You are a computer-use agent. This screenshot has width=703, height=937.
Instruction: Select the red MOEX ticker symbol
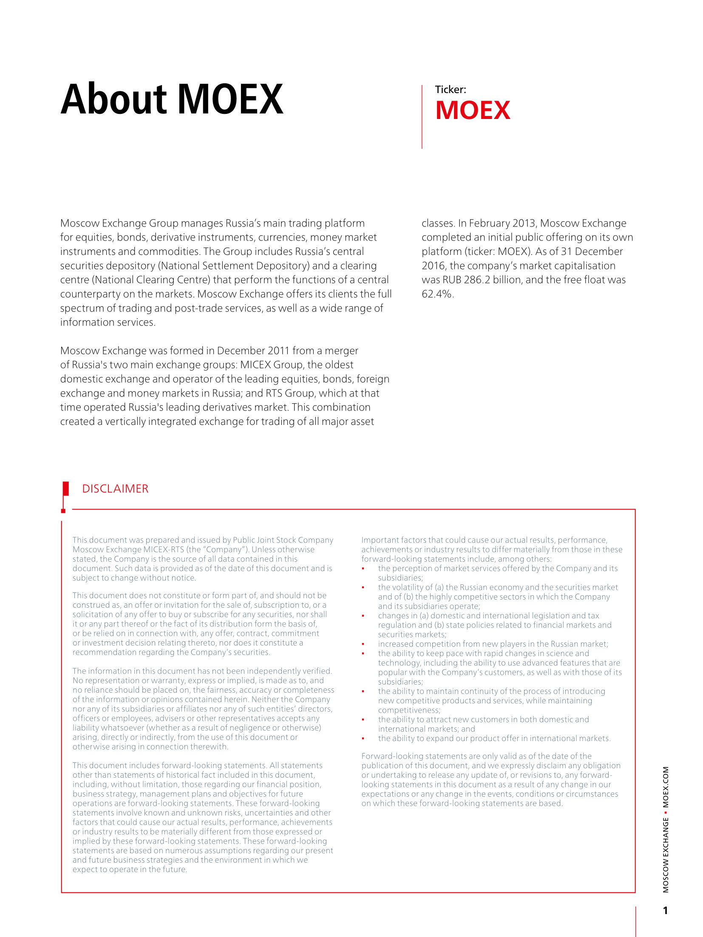point(473,110)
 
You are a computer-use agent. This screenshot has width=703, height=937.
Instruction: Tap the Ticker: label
point(450,90)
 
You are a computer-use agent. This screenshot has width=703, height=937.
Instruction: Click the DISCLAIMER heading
point(115,489)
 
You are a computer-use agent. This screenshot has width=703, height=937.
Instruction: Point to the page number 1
point(665,910)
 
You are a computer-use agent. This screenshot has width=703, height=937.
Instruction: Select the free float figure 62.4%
point(437,294)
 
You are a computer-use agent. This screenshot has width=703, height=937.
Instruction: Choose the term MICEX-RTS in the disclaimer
point(164,549)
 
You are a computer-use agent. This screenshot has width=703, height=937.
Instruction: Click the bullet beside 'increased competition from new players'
point(363,644)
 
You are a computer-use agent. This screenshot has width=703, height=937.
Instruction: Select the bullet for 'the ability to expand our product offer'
point(363,739)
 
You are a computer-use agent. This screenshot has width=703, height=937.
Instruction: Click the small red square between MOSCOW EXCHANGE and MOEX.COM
point(666,812)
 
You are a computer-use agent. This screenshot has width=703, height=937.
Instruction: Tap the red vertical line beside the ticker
point(422,117)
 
